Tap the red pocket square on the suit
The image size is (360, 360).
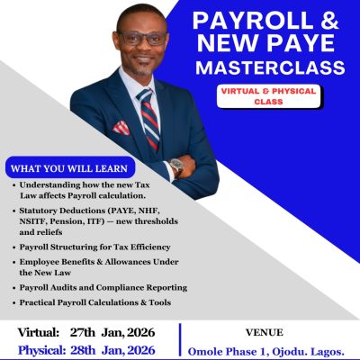tap(120, 128)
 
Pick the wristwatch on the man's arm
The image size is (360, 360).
tap(176, 166)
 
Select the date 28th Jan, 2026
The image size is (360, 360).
tap(116, 349)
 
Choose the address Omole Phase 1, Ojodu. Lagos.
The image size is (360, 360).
tap(270, 350)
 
